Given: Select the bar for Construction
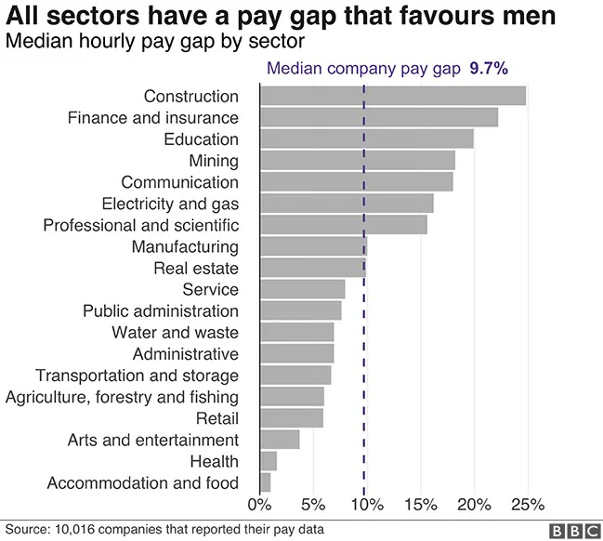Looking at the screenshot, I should (392, 96).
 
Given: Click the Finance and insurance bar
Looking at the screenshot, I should (378, 117).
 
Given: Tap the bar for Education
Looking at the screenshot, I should (366, 139).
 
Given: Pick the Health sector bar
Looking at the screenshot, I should (269, 461).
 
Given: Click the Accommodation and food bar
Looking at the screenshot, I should (266, 482).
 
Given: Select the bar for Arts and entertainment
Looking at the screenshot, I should (280, 440).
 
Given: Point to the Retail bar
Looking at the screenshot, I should (292, 418).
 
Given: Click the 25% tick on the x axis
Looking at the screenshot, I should (528, 505).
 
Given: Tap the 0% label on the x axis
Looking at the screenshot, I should (259, 505).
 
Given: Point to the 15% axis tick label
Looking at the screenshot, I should (420, 505).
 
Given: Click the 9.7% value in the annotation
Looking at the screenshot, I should (489, 69).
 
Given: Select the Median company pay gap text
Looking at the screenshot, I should (363, 69).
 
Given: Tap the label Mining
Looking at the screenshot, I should (214, 161).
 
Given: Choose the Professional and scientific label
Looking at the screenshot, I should (141, 225).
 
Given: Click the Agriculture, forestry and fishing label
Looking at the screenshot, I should (122, 397).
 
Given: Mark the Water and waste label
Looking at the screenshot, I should (175, 333).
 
